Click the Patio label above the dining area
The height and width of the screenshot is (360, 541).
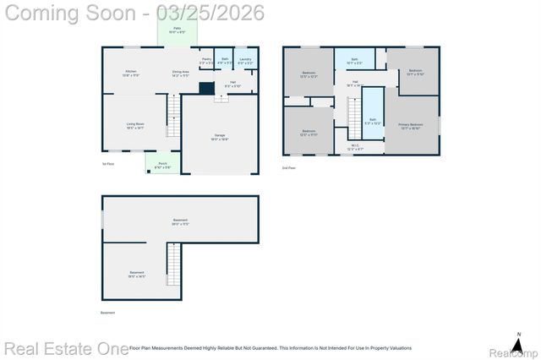(178, 30)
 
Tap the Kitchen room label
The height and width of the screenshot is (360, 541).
(131, 74)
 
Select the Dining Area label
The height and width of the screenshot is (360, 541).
(180, 74)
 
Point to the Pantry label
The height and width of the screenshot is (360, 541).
(206, 61)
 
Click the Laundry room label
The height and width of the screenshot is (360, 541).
(243, 61)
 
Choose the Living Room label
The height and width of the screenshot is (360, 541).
(135, 125)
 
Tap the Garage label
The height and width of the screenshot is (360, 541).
(220, 137)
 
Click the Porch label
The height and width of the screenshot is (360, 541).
(162, 166)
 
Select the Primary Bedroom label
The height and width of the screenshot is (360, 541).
(410, 127)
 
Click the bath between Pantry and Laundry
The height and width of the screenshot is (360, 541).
(225, 61)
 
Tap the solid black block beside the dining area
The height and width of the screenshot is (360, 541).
(205, 87)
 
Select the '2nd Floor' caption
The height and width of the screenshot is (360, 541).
(289, 168)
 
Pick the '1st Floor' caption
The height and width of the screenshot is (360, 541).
(108, 163)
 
